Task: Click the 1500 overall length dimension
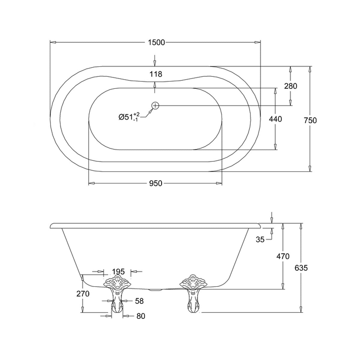[x=156, y=43]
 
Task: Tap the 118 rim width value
[x=156, y=74]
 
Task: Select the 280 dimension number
[x=290, y=86]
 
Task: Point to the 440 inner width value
[x=275, y=119]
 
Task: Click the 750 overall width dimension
[x=310, y=121]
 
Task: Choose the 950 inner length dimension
[x=156, y=184]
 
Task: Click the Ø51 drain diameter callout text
[x=129, y=117]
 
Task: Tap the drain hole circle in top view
[x=155, y=106]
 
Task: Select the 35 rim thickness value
[x=260, y=239]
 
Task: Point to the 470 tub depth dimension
[x=283, y=256]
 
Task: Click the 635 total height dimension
[x=301, y=268]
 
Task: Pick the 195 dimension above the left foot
[x=118, y=271]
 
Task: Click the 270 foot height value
[x=83, y=294]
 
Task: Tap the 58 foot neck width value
[x=139, y=301]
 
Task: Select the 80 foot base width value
[x=141, y=316]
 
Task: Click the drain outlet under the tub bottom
[x=155, y=290]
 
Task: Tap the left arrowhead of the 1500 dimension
[x=53, y=43]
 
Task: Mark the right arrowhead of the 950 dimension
[x=219, y=183]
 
